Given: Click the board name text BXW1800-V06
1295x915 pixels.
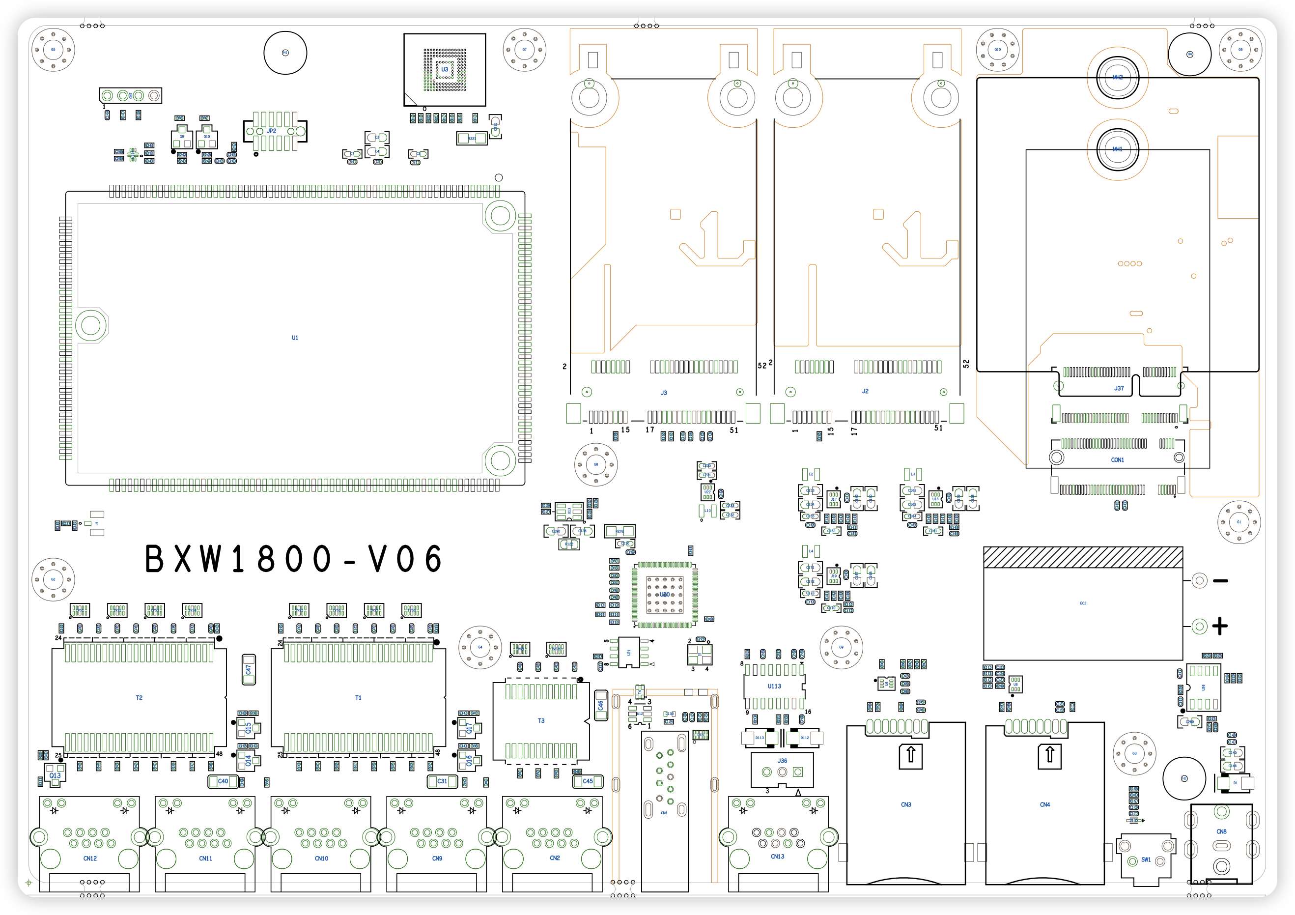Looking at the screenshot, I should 294,559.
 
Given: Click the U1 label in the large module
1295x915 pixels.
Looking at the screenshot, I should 294,338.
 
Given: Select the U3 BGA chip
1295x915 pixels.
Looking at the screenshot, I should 445,69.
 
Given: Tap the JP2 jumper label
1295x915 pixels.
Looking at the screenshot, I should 271,131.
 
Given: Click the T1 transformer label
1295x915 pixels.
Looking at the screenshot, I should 358,698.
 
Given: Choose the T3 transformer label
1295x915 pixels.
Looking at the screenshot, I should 541,721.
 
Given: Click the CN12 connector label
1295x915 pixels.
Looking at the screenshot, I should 90,858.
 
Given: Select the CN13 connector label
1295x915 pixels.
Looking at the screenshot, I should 777,857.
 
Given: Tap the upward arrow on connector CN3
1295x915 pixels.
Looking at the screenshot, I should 910,755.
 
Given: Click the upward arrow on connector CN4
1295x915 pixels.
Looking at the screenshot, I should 1050,755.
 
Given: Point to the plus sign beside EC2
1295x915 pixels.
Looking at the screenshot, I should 1220,626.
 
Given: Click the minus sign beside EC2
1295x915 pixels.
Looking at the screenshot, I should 1220,581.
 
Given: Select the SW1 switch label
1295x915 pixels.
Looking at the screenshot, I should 1146,859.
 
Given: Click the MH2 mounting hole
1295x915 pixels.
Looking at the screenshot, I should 1117,77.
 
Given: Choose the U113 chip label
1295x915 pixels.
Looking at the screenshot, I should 774,686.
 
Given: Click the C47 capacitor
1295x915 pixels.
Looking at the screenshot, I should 249,670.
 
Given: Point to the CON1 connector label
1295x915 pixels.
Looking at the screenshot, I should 1117,460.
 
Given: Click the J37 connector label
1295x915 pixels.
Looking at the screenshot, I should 1119,389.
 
